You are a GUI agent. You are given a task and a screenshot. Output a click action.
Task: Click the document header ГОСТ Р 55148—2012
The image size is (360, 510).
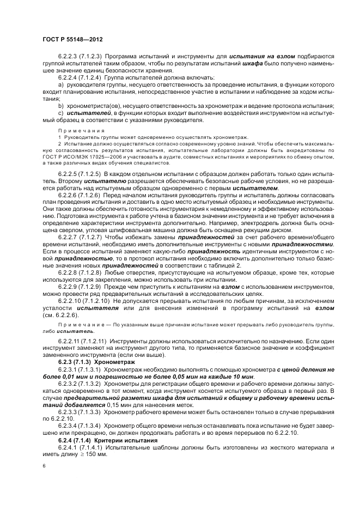tap(72, 39)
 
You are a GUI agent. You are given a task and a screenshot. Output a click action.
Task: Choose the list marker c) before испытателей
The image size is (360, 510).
tap(60, 113)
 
